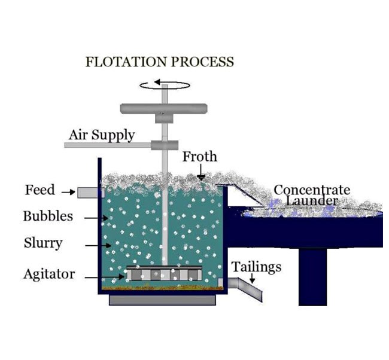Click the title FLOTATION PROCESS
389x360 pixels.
pyautogui.click(x=159, y=62)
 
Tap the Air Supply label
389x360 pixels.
pyautogui.click(x=101, y=135)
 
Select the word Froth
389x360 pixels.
pyautogui.click(x=199, y=157)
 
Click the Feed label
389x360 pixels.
pyautogui.click(x=39, y=190)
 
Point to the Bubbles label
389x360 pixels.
pyautogui.click(x=48, y=216)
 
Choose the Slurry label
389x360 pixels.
pyautogui.click(x=42, y=243)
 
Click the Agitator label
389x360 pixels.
pyautogui.click(x=49, y=274)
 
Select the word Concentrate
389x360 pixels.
pyautogui.click(x=312, y=190)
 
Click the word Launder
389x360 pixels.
pyautogui.click(x=311, y=200)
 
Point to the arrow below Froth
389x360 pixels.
pyautogui.click(x=202, y=174)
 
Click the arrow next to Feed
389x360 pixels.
pyautogui.click(x=67, y=191)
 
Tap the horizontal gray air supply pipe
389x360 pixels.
pyautogui.click(x=108, y=145)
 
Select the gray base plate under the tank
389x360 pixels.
pyautogui.click(x=162, y=300)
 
